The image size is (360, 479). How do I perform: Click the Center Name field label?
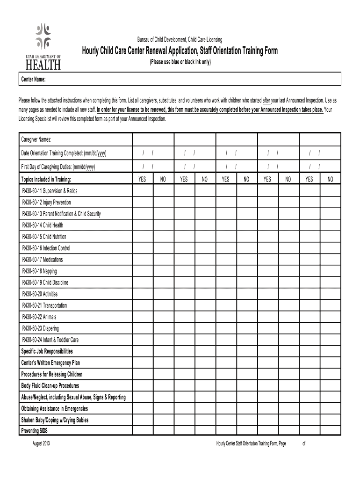33,80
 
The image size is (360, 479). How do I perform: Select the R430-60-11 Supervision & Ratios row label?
50,191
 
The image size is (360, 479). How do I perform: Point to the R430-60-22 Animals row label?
40,317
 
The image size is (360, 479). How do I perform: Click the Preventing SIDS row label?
35,430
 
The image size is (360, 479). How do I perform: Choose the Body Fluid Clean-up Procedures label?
50,386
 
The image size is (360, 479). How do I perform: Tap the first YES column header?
143,179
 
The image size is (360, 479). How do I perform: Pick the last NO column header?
330,179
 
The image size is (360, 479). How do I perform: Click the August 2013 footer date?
41,443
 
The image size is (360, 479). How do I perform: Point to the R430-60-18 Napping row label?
40,271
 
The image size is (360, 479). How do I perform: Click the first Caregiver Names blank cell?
153,140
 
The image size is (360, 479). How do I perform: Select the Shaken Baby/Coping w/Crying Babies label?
55,420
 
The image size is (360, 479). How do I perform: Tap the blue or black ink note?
180,61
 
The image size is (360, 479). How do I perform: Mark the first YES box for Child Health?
143,225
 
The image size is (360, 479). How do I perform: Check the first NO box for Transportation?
163,305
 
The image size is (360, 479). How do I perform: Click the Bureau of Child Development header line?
180,41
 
